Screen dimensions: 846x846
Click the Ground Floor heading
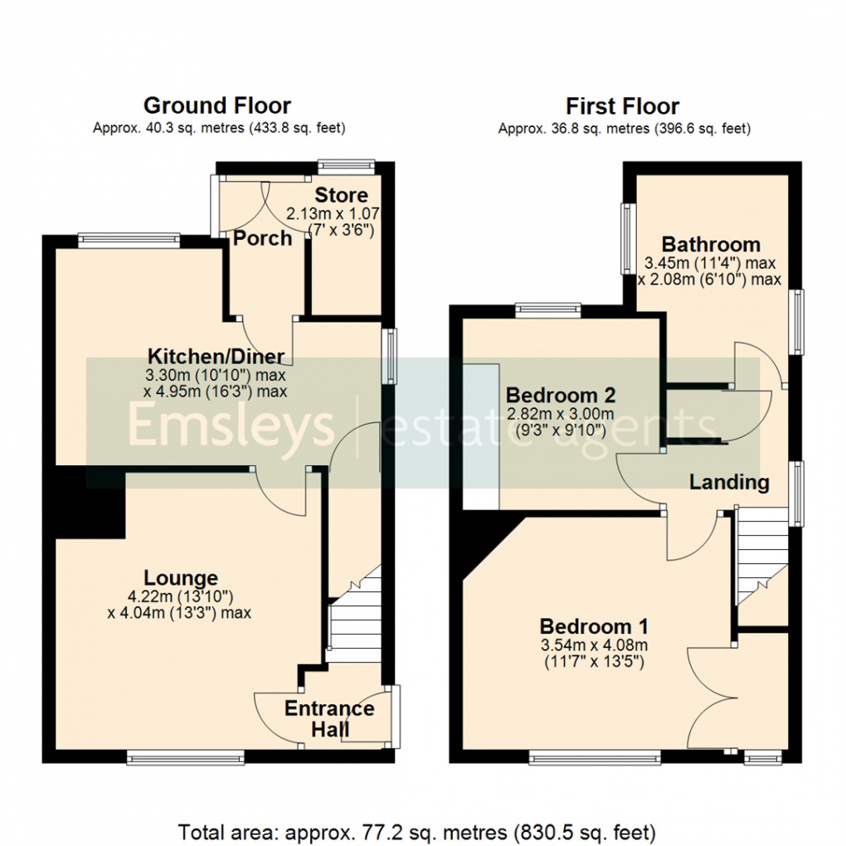point(217,106)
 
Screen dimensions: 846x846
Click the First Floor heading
point(622,106)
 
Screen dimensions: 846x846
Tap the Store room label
point(341,196)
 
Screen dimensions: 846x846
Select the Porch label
point(262,239)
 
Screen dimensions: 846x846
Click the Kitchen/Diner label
point(216,357)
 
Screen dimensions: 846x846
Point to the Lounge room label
point(181,578)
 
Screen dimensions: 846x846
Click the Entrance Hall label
point(329,719)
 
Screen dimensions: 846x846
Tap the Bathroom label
point(711,245)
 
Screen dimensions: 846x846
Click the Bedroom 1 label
point(594,626)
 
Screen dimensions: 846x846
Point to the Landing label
point(730,482)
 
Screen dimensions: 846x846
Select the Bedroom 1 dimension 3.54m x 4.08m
point(594,645)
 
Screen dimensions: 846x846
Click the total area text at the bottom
point(418,830)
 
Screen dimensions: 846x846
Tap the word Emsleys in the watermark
point(231,426)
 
